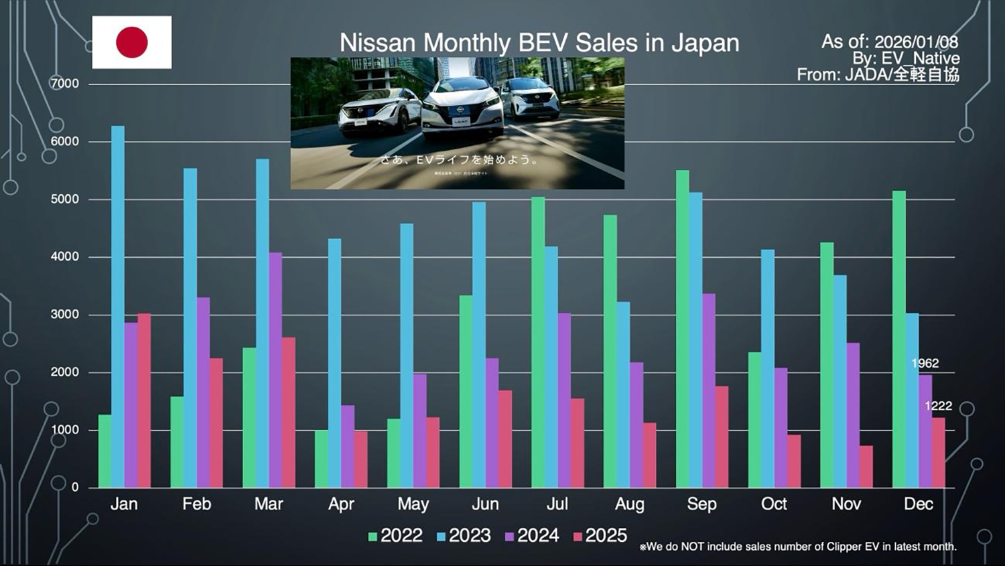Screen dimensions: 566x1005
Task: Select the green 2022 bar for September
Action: point(682,328)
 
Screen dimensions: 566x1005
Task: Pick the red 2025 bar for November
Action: point(866,466)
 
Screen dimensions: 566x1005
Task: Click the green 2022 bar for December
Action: point(899,339)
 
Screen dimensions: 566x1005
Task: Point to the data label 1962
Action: point(925,364)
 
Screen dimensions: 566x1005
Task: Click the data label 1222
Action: point(938,406)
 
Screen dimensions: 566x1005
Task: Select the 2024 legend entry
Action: point(532,536)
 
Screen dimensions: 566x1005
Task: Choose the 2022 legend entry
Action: point(395,536)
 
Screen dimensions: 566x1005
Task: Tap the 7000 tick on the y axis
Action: point(64,84)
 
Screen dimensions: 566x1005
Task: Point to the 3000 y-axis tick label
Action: point(64,314)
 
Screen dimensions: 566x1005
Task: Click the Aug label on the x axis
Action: point(629,504)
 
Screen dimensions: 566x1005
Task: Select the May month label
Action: point(413,504)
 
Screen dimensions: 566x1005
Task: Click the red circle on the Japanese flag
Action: point(132,42)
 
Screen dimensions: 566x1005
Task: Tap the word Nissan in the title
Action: point(377,43)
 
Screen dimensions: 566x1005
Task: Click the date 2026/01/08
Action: point(916,42)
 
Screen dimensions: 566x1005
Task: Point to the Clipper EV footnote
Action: point(797,547)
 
